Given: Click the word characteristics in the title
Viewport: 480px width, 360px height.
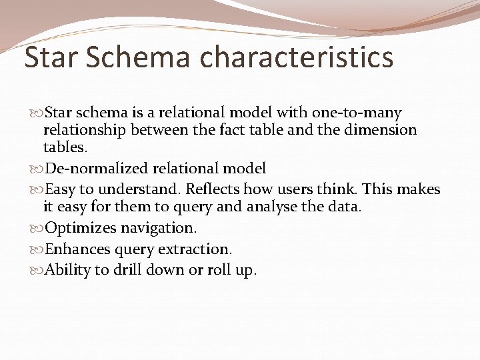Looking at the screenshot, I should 296,57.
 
